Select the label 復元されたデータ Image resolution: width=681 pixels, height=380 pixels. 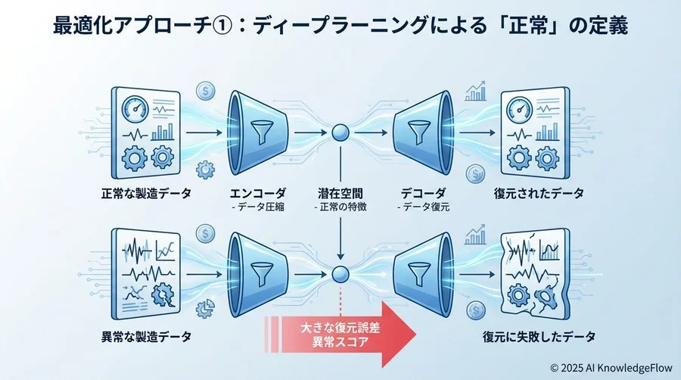click(x=536, y=193)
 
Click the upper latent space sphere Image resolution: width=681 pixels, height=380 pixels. click(x=340, y=135)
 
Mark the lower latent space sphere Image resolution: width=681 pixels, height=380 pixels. click(x=340, y=275)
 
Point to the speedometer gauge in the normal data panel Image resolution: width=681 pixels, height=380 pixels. click(x=137, y=107)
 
